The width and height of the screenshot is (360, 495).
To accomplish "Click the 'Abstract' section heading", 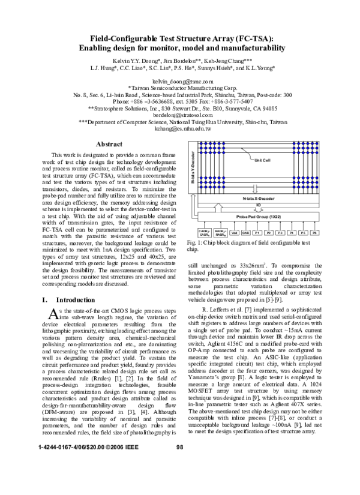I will coord(109,144).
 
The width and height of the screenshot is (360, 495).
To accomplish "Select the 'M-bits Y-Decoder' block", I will coord(193,169).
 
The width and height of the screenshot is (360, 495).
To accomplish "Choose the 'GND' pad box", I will coord(246,232).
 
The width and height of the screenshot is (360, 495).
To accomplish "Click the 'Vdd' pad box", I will coord(235,232).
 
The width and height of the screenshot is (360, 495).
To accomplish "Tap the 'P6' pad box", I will coord(314,232).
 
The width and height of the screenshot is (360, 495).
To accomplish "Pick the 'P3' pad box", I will coord(280,232).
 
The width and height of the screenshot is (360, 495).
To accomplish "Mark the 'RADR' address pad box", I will coord(220,232).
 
